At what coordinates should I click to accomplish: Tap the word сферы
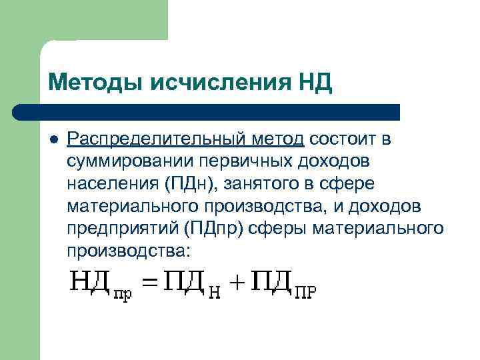coord(278,229)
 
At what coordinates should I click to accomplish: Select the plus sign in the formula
coord(238,285)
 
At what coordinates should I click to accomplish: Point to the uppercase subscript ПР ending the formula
coord(305,293)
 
